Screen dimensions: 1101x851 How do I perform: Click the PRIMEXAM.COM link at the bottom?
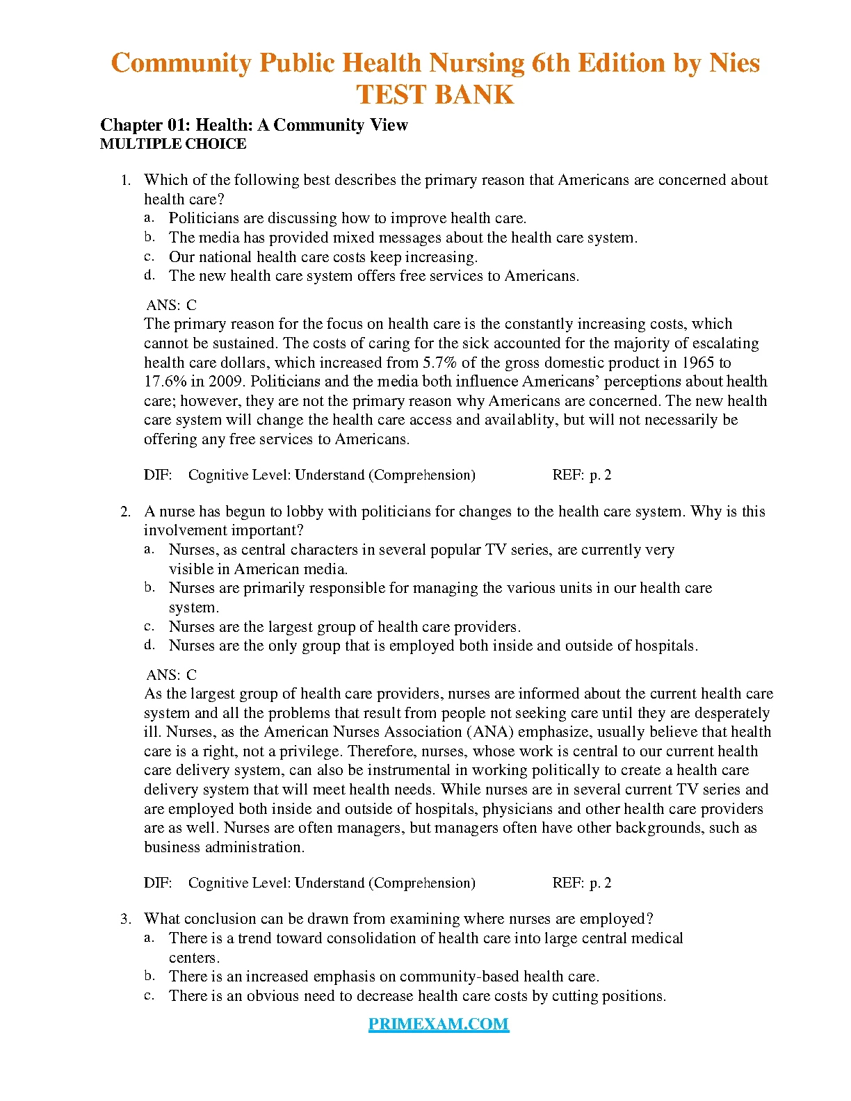point(439,1024)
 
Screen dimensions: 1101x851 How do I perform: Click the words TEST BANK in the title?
point(435,95)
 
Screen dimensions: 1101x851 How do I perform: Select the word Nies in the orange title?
point(734,63)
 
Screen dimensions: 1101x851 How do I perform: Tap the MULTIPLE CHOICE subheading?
point(173,144)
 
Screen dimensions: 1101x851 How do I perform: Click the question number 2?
point(125,512)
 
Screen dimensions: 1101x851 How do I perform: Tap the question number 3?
point(125,919)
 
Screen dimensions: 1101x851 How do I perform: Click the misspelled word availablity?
point(520,420)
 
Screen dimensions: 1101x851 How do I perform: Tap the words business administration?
point(224,847)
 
